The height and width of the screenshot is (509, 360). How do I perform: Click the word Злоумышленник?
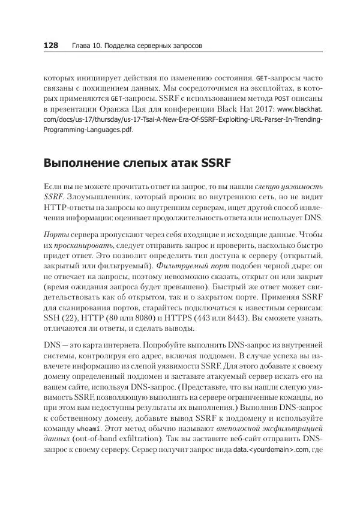click(100, 196)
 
